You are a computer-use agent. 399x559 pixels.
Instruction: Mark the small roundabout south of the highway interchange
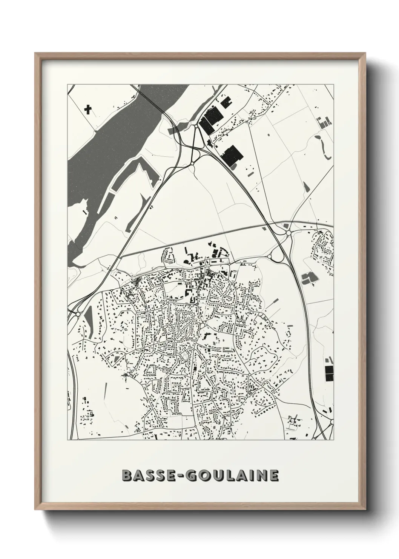tap(192, 163)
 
